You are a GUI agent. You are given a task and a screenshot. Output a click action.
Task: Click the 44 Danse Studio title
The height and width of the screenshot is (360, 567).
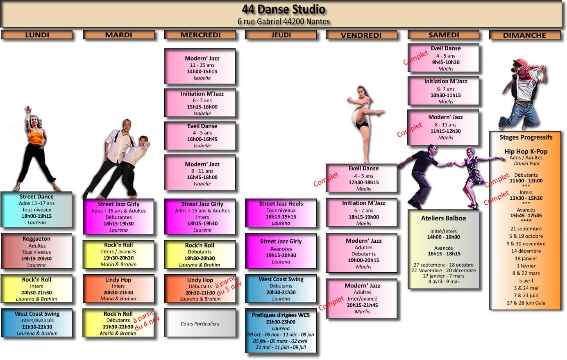click(x=283, y=9)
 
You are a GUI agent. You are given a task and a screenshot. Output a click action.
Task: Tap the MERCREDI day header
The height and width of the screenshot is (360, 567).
click(x=200, y=35)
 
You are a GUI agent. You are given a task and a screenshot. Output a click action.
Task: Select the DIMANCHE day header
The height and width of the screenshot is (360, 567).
click(x=525, y=35)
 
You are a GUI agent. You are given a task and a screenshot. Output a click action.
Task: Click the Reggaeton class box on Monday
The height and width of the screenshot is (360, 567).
click(x=36, y=251)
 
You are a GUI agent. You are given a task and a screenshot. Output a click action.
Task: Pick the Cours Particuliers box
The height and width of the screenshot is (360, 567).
click(x=200, y=323)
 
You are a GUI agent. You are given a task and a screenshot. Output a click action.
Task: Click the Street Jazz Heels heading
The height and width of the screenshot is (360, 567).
click(x=281, y=204)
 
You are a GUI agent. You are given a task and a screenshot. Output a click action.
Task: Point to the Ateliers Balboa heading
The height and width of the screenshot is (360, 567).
click(x=443, y=218)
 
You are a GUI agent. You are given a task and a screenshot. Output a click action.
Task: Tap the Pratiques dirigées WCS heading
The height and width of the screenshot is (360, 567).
click(x=281, y=315)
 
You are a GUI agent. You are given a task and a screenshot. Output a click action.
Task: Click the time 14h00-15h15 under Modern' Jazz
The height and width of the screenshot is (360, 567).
click(x=202, y=71)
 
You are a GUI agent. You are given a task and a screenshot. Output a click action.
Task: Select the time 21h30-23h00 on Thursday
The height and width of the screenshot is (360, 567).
click(x=281, y=322)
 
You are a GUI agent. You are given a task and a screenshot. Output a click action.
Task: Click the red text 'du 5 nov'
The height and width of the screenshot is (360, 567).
click(x=229, y=289)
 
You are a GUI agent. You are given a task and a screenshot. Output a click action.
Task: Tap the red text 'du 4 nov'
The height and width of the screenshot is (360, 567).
click(x=147, y=323)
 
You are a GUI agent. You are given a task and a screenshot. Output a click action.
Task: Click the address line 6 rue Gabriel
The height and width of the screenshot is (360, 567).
click(x=283, y=22)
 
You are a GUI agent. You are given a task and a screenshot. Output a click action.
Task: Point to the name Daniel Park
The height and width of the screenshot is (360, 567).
click(x=526, y=164)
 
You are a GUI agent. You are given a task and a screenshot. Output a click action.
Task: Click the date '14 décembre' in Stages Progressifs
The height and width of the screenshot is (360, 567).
click(x=526, y=251)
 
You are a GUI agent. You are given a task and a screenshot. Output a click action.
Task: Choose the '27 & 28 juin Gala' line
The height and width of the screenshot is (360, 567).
click(x=526, y=303)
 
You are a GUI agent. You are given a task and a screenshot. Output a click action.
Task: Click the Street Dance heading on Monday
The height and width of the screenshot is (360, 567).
click(x=36, y=196)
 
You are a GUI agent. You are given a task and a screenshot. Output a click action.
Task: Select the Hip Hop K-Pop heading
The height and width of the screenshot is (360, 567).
click(x=526, y=151)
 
